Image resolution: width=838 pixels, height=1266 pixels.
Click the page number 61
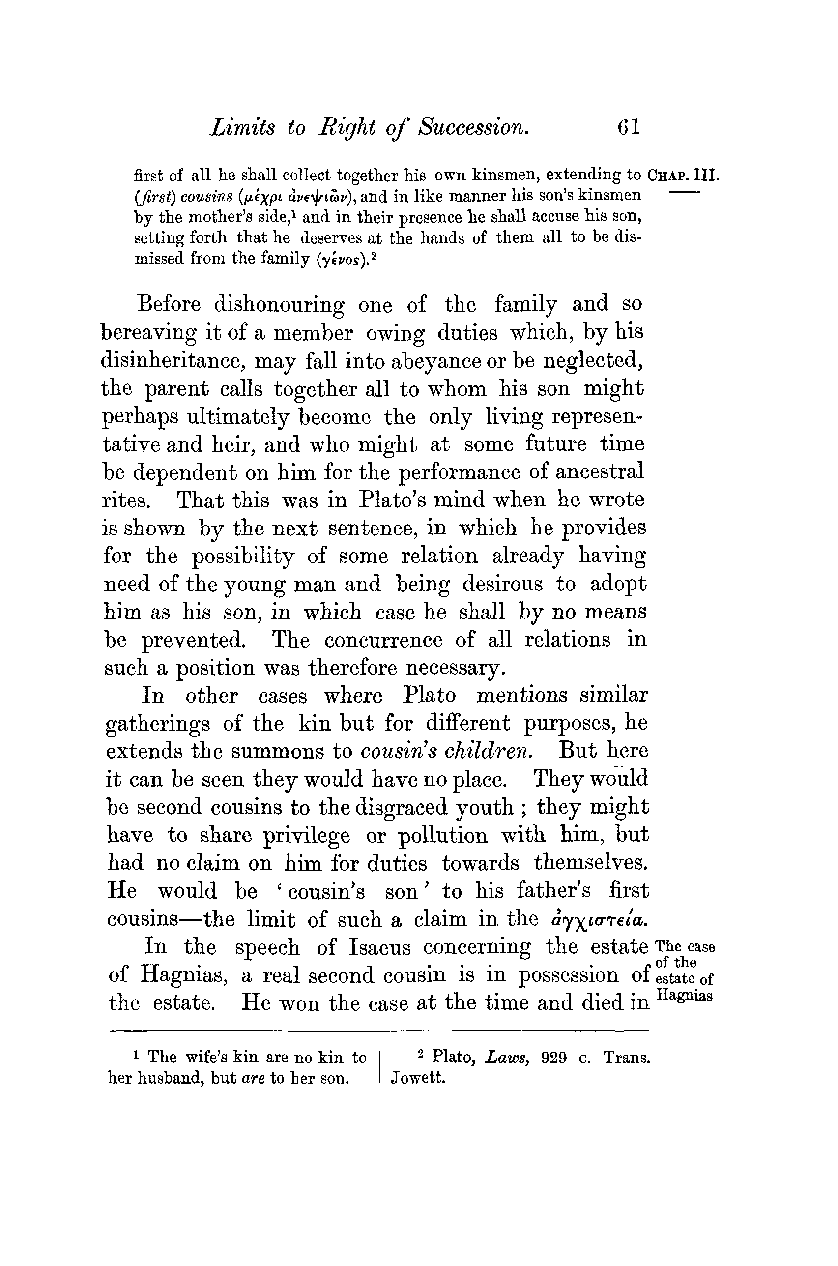tap(629, 128)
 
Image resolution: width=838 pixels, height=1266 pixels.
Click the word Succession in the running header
tap(473, 128)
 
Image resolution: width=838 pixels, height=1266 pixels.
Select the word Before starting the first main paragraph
tap(169, 304)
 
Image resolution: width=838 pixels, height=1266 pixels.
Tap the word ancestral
tap(600, 472)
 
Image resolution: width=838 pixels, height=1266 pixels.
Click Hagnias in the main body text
tap(181, 975)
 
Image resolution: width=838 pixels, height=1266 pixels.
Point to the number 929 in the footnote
tap(554, 1057)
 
